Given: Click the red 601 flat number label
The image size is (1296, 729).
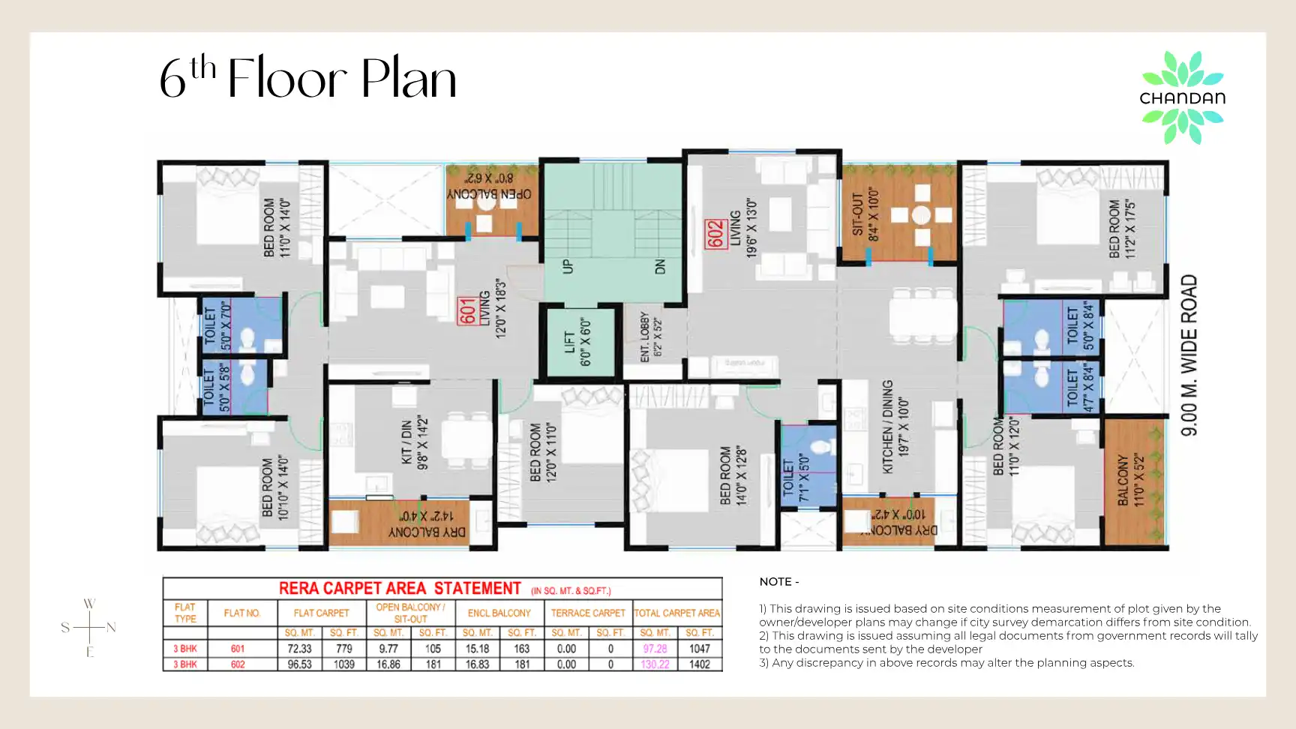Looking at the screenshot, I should (467, 311).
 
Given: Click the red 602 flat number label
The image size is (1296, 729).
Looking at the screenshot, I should (715, 233).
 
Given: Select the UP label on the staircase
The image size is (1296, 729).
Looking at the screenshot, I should (568, 266).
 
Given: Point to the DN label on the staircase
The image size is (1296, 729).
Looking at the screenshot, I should (660, 266).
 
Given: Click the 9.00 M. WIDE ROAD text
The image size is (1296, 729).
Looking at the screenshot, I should (1189, 355).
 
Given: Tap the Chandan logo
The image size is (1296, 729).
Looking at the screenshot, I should (1182, 97).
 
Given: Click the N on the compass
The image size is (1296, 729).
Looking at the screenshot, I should (111, 628).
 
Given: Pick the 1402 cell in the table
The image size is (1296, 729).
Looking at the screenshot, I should (699, 664).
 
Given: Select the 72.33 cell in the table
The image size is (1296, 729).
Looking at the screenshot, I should (299, 649).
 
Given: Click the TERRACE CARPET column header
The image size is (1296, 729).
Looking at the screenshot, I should (588, 613).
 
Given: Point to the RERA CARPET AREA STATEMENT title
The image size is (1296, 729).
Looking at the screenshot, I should (400, 589).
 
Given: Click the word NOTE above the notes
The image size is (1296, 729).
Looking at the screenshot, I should (775, 582).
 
